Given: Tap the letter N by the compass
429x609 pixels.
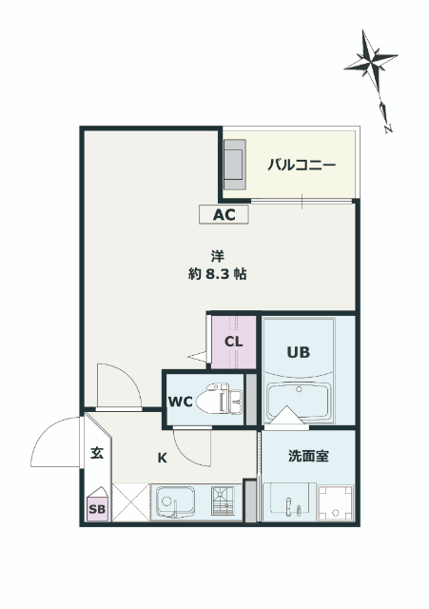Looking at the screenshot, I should point(387,125).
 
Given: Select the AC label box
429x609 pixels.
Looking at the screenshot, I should point(224,215).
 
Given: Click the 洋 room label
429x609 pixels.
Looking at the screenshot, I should point(218,255).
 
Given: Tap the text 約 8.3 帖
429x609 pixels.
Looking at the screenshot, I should point(218,274).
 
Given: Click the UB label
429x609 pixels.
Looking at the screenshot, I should point(299,351).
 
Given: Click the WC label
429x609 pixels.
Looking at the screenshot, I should point(181,401).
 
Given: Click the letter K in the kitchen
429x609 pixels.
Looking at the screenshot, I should point(162,458).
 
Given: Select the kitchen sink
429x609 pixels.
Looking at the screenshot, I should point(176,501).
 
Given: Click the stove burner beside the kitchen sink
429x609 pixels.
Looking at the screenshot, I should point(221,502).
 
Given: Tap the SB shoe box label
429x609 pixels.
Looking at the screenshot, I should point(98,509).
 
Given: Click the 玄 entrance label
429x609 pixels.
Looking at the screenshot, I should point(97,454).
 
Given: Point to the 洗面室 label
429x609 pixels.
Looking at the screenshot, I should point(308,456).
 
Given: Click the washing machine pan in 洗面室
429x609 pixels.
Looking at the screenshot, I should point(335,502).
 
